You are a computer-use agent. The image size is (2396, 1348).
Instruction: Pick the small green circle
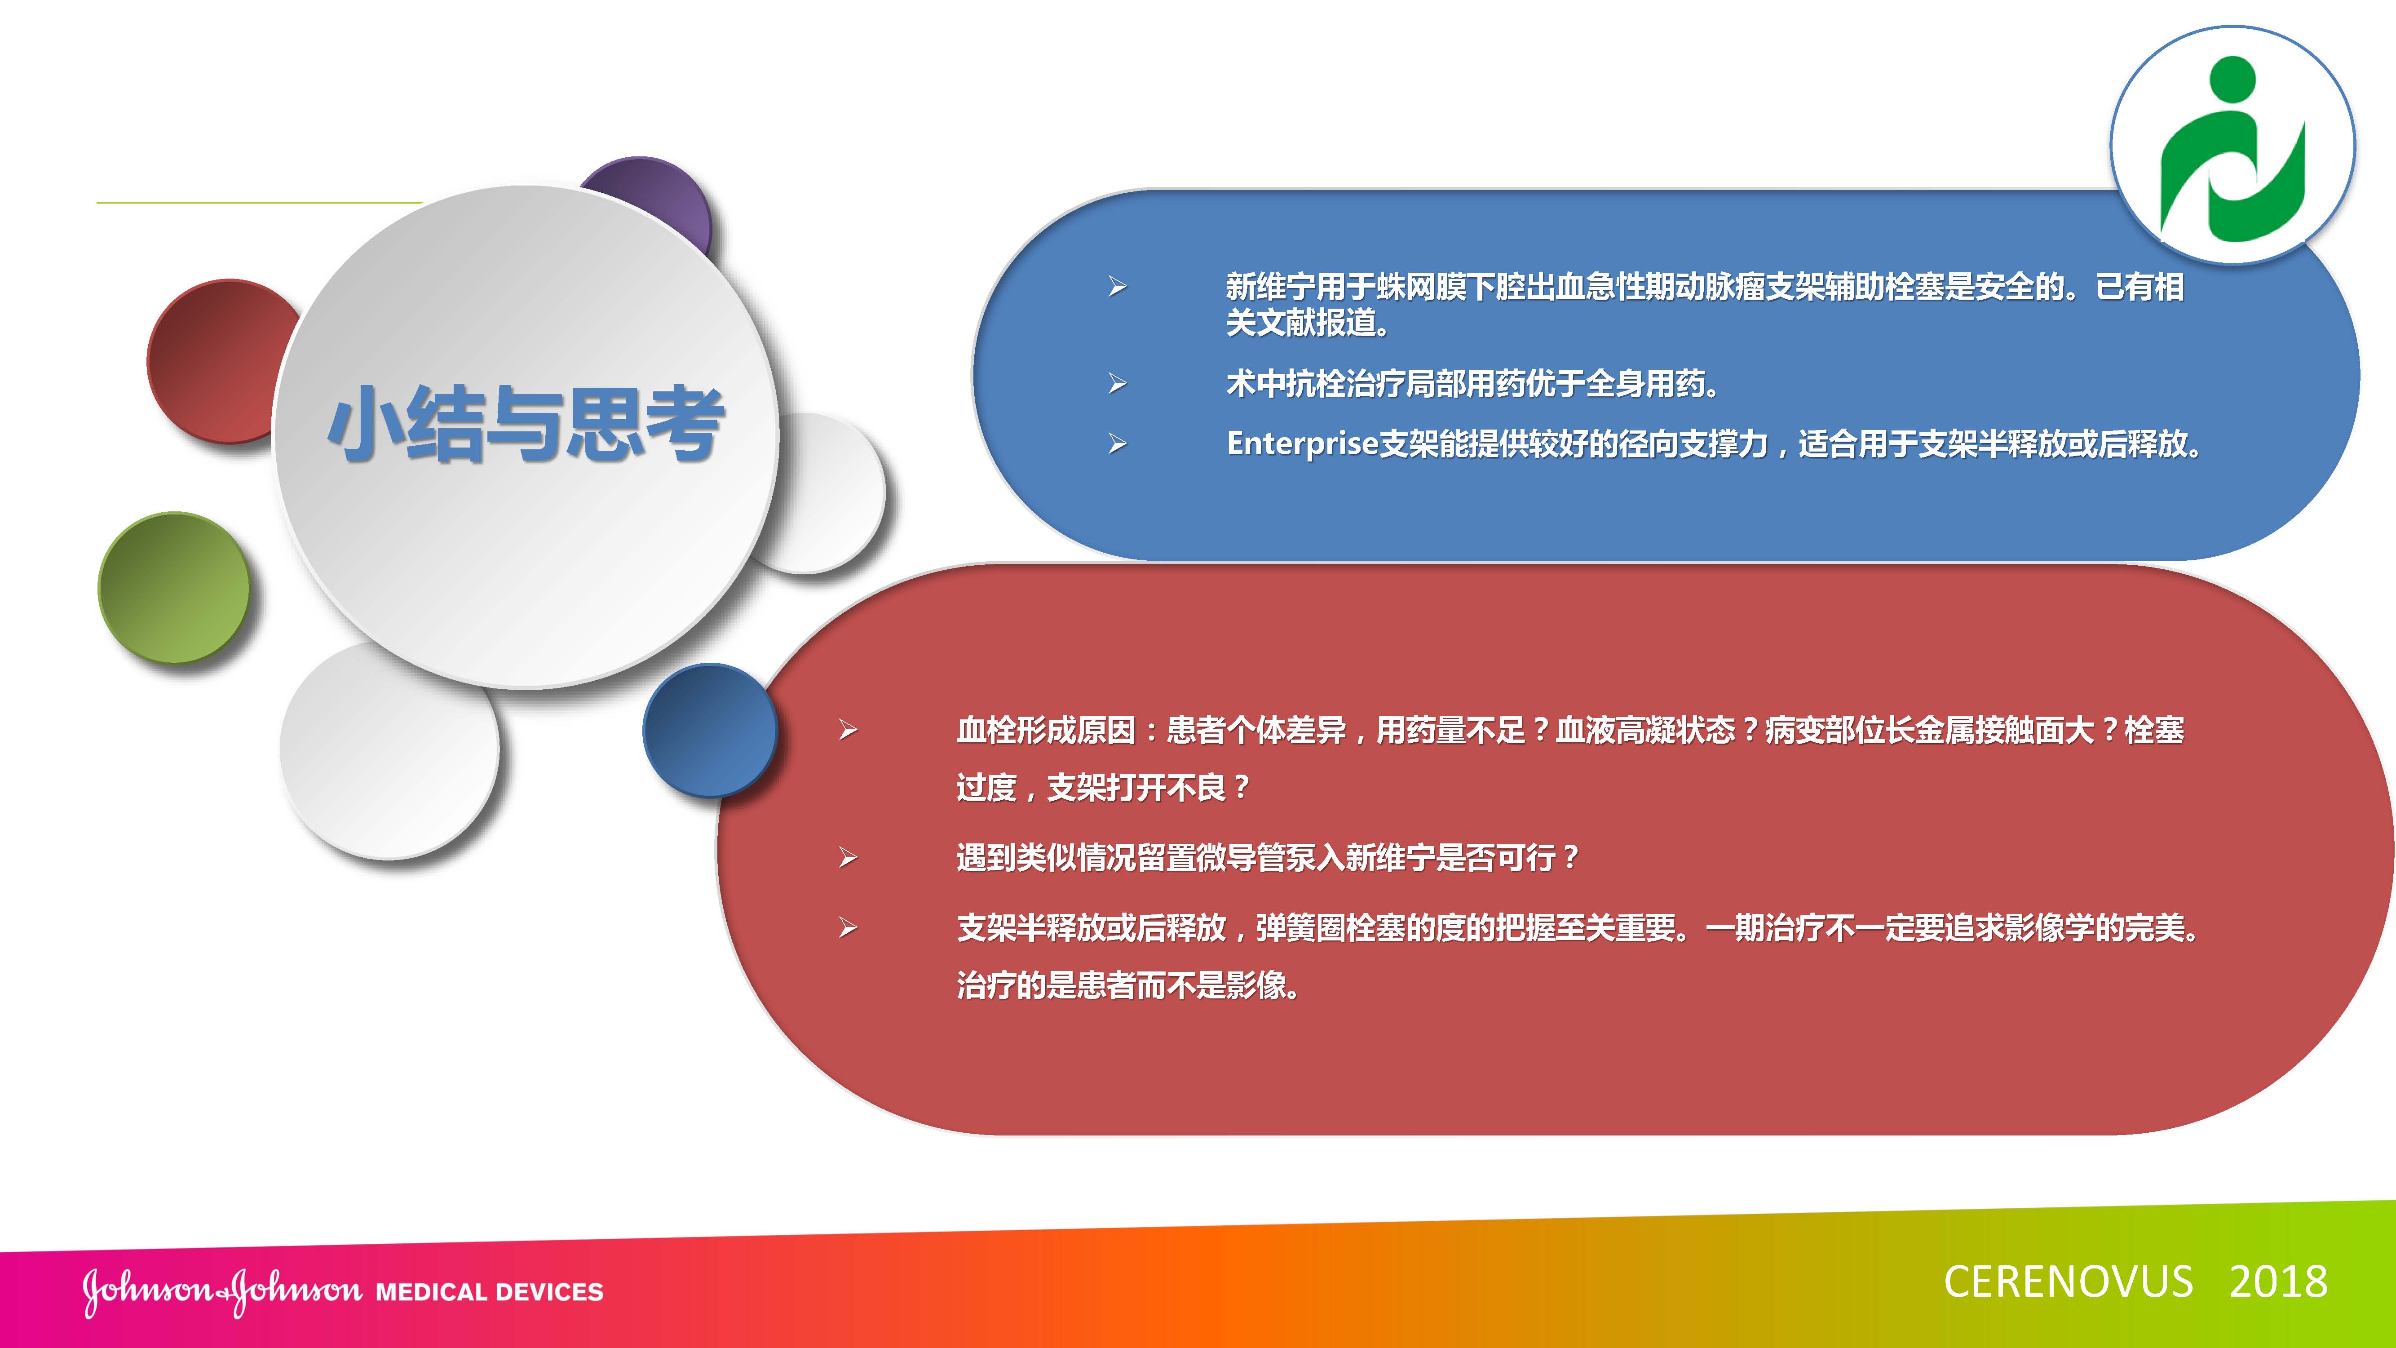pyautogui.click(x=174, y=588)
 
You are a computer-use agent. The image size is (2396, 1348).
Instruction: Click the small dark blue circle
pyautogui.click(x=710, y=730)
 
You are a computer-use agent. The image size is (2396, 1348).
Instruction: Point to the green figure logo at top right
pyautogui.click(x=2232, y=149)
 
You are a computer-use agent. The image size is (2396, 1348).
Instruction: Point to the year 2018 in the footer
pyautogui.click(x=2278, y=1282)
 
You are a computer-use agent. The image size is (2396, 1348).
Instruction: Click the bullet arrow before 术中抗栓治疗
pyautogui.click(x=1117, y=383)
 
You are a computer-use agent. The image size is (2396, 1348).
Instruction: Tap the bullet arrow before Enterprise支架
pyautogui.click(x=1117, y=444)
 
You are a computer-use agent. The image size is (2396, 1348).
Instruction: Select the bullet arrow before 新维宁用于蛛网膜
pyautogui.click(x=1117, y=287)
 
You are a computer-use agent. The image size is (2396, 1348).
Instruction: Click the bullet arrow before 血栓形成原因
pyautogui.click(x=847, y=730)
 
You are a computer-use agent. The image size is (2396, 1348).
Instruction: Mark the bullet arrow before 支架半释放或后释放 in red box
pyautogui.click(x=847, y=927)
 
